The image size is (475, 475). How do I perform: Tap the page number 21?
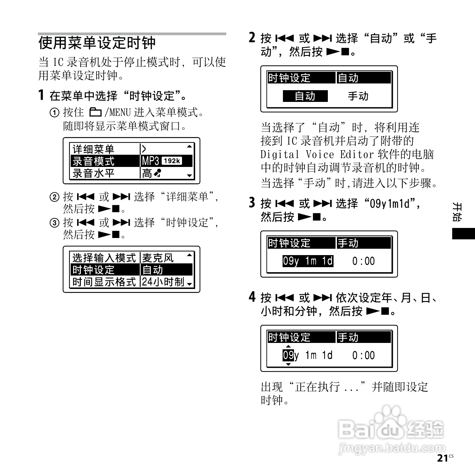(442, 458)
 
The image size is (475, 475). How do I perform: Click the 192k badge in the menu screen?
(172, 161)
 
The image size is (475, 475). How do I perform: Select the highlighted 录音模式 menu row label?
(94, 161)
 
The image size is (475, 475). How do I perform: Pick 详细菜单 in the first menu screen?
(94, 149)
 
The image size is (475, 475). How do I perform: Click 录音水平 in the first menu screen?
(94, 173)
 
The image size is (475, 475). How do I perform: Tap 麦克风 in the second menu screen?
(158, 258)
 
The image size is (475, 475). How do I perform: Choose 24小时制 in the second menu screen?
(163, 282)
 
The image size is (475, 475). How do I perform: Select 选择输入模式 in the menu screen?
(104, 258)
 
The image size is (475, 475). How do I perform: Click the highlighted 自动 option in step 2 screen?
(305, 96)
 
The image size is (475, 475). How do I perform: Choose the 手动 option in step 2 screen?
(358, 96)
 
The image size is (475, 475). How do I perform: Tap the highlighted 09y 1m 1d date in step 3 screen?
(308, 261)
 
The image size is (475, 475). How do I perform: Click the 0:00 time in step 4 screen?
(363, 355)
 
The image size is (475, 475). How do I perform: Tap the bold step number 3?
(252, 203)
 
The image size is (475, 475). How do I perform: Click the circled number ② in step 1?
(54, 197)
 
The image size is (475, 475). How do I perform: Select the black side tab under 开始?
(463, 233)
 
